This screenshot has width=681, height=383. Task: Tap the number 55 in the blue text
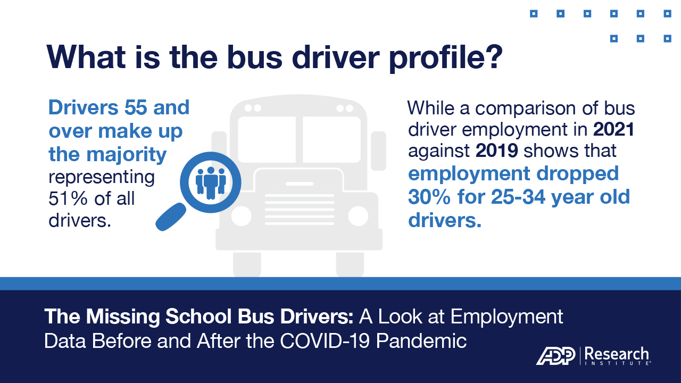136,107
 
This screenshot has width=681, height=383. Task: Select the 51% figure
68,198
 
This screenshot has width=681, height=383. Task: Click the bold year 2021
613,129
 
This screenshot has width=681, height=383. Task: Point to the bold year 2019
497,151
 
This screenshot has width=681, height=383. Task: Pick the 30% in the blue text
429,197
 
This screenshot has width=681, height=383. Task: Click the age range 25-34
518,197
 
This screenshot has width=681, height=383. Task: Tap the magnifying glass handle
171,217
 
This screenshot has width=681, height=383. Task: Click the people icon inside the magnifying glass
211,183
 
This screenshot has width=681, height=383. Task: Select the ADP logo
556,356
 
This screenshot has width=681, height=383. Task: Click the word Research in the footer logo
617,354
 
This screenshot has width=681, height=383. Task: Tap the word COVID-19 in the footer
325,341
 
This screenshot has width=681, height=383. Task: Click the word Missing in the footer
123,317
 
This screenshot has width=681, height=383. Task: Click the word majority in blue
127,155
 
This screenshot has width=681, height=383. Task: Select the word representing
102,178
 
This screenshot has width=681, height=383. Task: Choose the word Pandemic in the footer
421,341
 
